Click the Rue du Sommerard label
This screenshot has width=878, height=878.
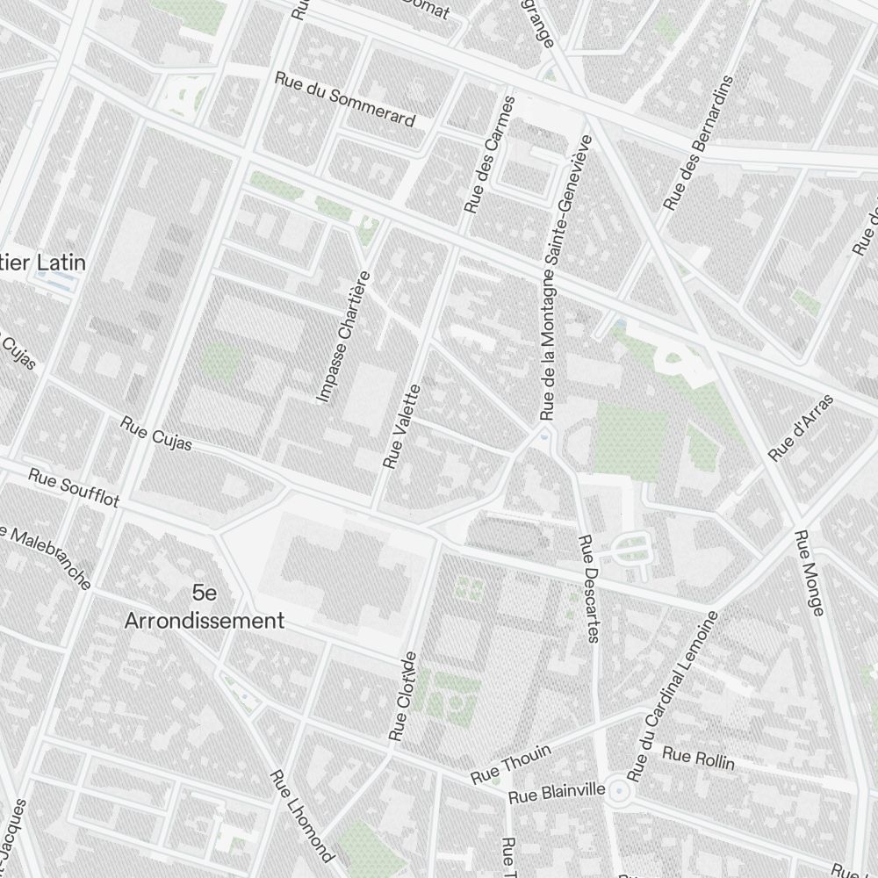point(344,98)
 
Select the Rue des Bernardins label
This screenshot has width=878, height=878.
point(698,142)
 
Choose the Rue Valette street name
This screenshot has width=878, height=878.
point(402,426)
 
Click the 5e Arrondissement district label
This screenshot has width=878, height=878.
point(204,607)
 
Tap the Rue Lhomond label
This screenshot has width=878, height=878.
point(301,816)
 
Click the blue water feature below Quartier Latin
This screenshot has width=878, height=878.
point(54,280)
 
